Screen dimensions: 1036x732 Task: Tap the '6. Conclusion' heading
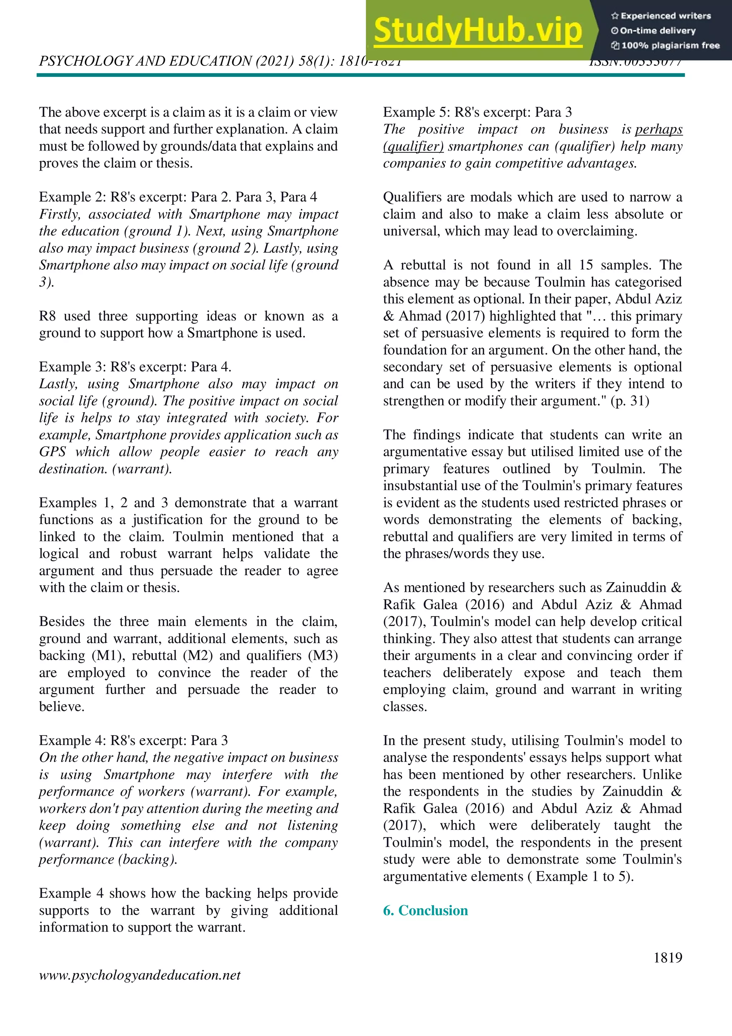coord(425,910)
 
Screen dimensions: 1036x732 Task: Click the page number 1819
coord(668,957)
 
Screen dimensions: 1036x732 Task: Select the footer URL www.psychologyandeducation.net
coord(139,975)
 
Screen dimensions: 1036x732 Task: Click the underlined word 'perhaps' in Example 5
coord(658,129)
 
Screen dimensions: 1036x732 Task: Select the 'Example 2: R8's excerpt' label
coord(113,197)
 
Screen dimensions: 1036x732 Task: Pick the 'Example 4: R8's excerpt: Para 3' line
coord(133,740)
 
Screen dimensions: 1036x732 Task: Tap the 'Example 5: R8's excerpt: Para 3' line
coord(477,112)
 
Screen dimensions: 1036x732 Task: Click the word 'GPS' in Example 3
coord(52,452)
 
